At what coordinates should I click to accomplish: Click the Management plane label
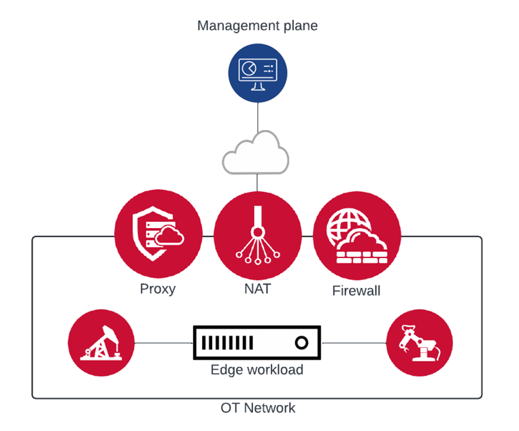[x=257, y=26]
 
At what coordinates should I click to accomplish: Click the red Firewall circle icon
[x=356, y=234]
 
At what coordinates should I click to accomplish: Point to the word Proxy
[x=158, y=289]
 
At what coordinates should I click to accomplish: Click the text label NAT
[x=258, y=289]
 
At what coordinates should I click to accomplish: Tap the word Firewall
[x=356, y=291]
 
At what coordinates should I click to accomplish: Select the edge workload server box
[x=257, y=342]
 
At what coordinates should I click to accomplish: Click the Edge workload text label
[x=257, y=370]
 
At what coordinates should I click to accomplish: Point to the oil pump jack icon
[x=102, y=342]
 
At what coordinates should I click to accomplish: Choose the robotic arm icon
[x=419, y=342]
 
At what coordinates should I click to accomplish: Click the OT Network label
[x=258, y=408]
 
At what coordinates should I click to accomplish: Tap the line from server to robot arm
[x=353, y=342]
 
